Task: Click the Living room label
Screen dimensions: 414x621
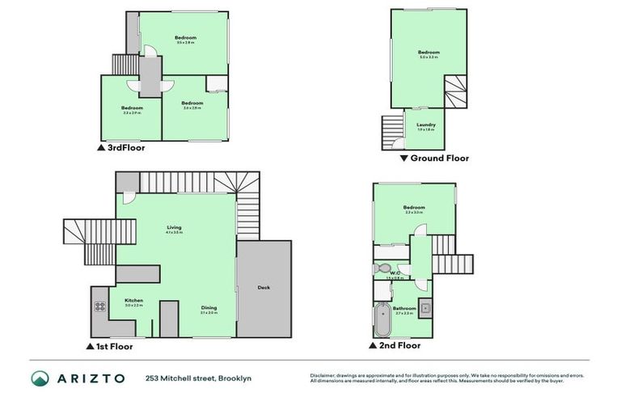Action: [x=174, y=227]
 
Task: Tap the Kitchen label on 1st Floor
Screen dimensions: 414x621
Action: [x=133, y=300]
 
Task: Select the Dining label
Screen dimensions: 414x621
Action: [x=209, y=307]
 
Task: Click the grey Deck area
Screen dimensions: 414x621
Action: [x=264, y=288]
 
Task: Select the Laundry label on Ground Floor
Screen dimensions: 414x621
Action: [x=426, y=125]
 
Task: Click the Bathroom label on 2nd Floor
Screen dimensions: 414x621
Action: [x=404, y=308]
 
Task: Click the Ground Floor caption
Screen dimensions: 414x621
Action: [x=439, y=158]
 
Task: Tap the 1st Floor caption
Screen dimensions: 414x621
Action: [x=114, y=346]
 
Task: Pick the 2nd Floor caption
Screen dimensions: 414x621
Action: [x=400, y=345]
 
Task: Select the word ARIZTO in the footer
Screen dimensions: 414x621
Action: [x=91, y=378]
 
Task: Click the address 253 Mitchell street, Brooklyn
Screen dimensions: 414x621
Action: [x=200, y=378]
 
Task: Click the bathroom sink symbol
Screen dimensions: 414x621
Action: [x=425, y=309]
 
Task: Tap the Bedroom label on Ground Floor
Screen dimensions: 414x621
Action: [x=429, y=53]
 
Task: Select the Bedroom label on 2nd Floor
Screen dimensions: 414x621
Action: [x=414, y=207]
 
